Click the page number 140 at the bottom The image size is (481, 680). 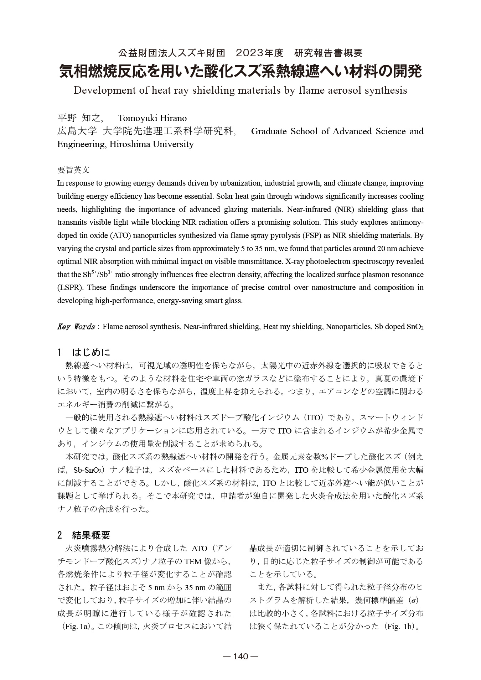[x=240, y=656]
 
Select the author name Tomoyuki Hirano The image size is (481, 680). [x=152, y=118]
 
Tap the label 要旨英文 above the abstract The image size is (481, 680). [x=73, y=170]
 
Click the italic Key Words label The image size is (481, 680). [x=76, y=327]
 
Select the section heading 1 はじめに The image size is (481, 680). [x=84, y=353]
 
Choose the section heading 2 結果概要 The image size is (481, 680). [x=84, y=535]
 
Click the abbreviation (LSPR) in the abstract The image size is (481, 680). [x=70, y=287]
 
